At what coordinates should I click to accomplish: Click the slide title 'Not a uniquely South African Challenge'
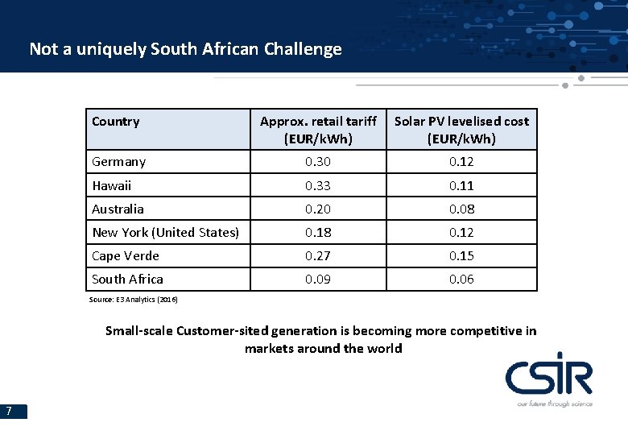point(185,49)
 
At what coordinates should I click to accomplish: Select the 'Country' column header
point(115,122)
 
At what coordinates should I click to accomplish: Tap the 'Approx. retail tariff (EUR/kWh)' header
point(318,130)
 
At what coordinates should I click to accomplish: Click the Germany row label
point(118,162)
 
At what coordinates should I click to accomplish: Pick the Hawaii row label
point(111,185)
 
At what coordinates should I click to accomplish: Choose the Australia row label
point(118,209)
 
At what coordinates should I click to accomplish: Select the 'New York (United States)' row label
point(165,232)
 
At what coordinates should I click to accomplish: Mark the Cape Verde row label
point(125,255)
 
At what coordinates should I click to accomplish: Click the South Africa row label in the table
point(127,279)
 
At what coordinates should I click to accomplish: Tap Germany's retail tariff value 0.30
point(318,162)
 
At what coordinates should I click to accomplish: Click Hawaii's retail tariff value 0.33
point(318,185)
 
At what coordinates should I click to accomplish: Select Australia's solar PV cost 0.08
point(461,209)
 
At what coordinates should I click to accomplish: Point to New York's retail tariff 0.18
point(318,232)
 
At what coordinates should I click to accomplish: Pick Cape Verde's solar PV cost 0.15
point(461,255)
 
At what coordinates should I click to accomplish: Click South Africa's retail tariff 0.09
point(318,279)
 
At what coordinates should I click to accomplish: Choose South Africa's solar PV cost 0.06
point(461,279)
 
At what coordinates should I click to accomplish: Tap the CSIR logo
point(549,379)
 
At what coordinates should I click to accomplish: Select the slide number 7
point(8,412)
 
